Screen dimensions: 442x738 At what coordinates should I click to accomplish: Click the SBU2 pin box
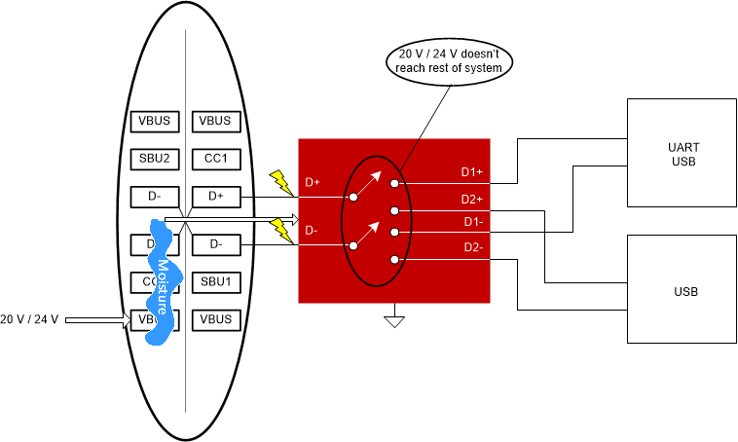click(x=155, y=159)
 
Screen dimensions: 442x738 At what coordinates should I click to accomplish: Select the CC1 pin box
click(x=215, y=159)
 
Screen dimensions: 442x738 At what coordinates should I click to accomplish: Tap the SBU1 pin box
click(x=215, y=282)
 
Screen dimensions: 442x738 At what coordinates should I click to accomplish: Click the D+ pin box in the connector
click(x=215, y=197)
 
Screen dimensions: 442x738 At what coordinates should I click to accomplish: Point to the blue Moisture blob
click(x=163, y=282)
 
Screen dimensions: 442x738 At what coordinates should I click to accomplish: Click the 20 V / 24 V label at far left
click(x=30, y=319)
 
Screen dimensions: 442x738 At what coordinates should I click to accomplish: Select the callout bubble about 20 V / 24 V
click(x=449, y=60)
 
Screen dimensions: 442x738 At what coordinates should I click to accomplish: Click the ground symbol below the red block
click(x=394, y=318)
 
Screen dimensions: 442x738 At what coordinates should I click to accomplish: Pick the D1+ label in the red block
click(x=472, y=173)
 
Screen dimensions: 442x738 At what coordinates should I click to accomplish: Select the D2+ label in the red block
click(x=472, y=200)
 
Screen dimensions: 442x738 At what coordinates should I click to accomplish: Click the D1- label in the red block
click(x=472, y=222)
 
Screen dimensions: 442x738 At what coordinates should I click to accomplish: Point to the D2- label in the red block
click(x=472, y=247)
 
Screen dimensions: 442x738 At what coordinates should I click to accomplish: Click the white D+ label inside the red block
click(x=313, y=182)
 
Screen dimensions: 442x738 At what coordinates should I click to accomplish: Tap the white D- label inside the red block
click(x=311, y=231)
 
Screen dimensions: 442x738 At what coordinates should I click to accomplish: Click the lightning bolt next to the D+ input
click(x=279, y=181)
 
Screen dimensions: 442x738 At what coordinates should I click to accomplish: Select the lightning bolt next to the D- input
click(x=279, y=230)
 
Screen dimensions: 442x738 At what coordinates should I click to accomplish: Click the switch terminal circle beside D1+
click(x=393, y=183)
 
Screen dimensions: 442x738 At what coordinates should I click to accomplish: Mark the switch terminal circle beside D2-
click(x=393, y=260)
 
